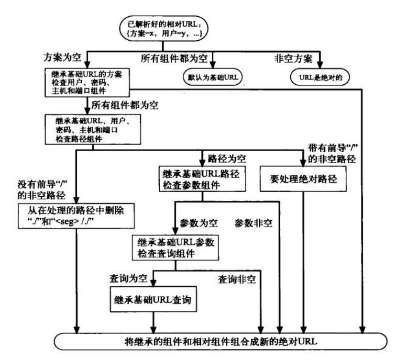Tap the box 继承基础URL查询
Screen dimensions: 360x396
[x=154, y=300]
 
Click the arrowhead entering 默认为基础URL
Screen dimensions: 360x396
[x=212, y=67]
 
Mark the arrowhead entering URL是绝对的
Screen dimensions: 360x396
[x=320, y=67]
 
